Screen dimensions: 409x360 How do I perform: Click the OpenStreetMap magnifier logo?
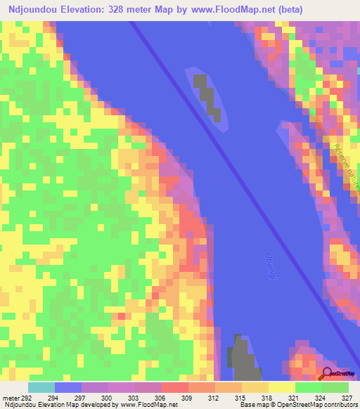pyautogui.click(x=328, y=374)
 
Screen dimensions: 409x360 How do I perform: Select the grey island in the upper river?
pyautogui.click(x=205, y=93)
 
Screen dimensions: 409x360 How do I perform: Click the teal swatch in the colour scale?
pyautogui.click(x=41, y=387)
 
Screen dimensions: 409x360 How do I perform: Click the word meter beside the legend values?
pyautogui.click(x=10, y=398)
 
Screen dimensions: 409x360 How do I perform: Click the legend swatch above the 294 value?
pyautogui.click(x=67, y=387)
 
